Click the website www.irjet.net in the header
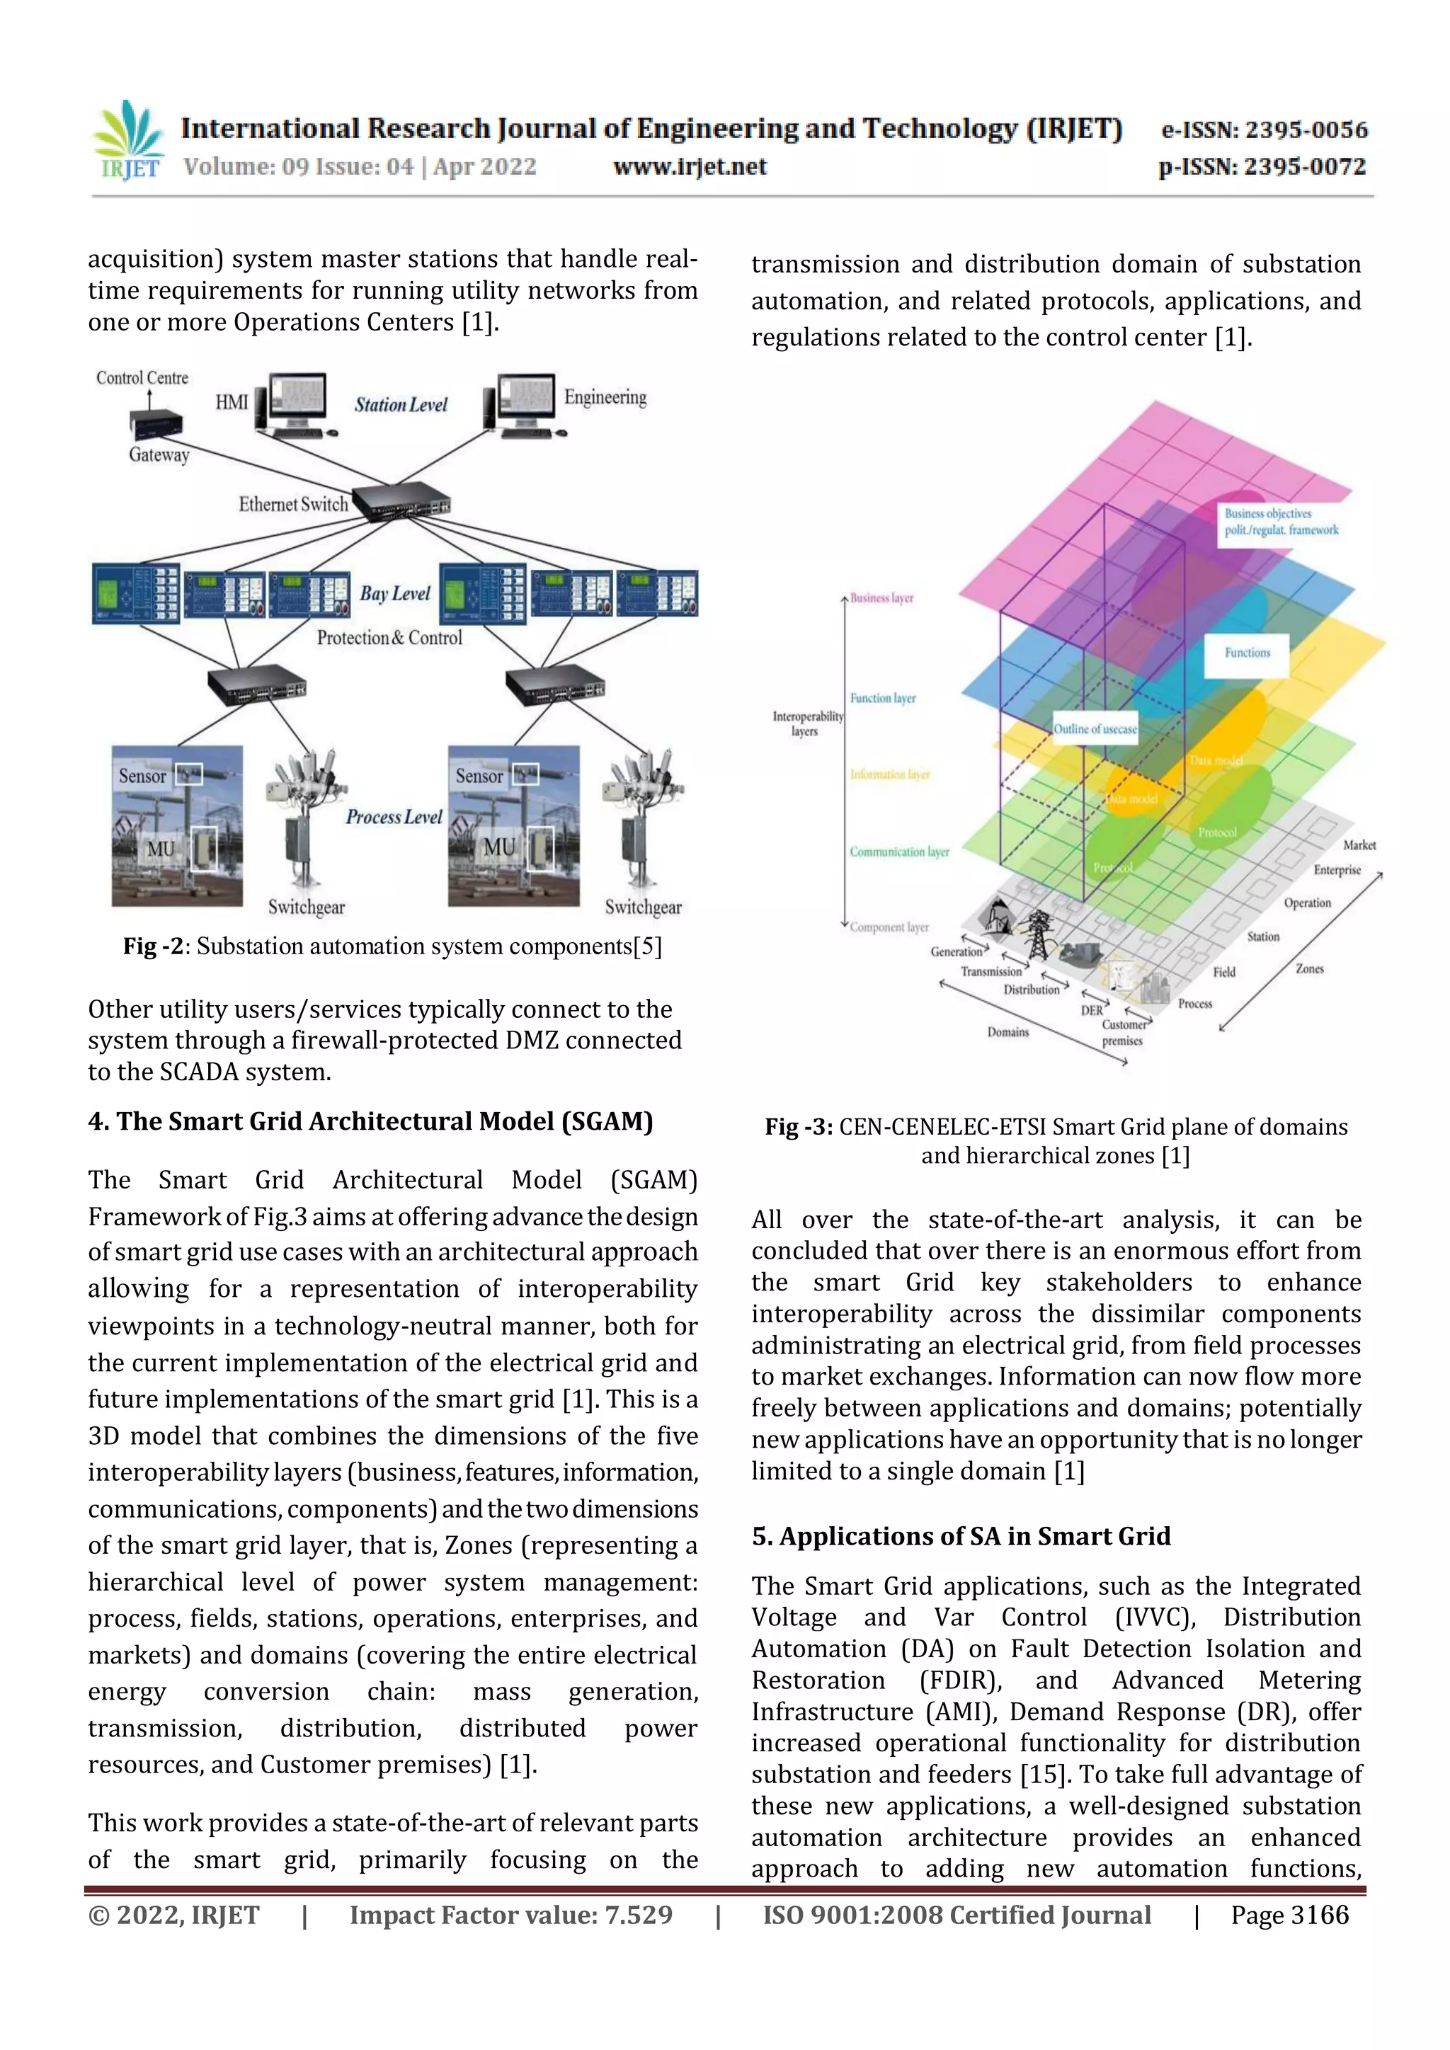tap(690, 167)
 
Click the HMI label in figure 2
tap(232, 403)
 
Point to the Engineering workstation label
tap(605, 397)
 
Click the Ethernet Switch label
tap(293, 505)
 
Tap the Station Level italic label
tap(401, 404)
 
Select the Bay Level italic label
tap(394, 594)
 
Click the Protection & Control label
tap(389, 638)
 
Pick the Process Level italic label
tap(394, 816)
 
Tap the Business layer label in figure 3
tap(881, 598)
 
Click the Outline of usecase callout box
tap(1095, 728)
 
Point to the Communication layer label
tap(899, 852)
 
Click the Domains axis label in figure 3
tap(1007, 1032)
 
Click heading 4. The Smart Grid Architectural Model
tap(370, 1121)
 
